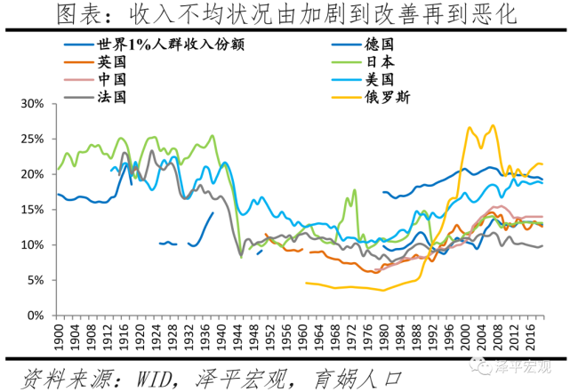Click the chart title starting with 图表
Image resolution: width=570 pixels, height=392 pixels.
click(285, 15)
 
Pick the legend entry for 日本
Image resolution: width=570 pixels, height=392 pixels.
click(380, 62)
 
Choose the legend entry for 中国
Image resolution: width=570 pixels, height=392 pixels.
click(113, 79)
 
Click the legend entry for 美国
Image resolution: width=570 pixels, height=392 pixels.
click(380, 79)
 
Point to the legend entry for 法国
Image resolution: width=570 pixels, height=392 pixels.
click(113, 96)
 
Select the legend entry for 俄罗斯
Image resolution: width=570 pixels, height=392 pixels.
click(386, 96)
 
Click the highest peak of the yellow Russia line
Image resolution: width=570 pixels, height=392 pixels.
click(492, 126)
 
